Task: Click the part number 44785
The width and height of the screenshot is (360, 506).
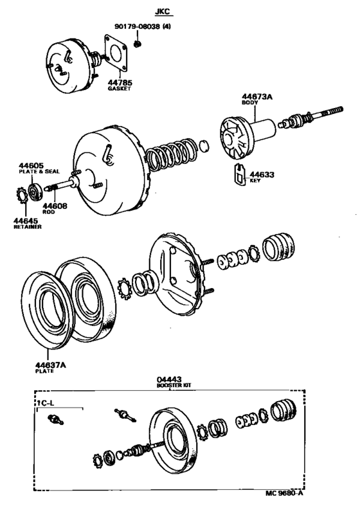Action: (x=120, y=83)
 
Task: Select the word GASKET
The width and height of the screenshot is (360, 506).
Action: (x=120, y=89)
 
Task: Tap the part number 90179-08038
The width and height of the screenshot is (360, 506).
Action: (x=138, y=26)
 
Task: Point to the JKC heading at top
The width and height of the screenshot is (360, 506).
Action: (x=163, y=12)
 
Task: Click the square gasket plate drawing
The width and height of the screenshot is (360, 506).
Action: (x=116, y=53)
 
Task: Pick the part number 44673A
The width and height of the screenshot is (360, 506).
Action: (x=257, y=96)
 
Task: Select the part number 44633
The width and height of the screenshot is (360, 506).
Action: (x=262, y=175)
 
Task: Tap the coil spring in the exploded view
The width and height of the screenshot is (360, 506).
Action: (x=170, y=153)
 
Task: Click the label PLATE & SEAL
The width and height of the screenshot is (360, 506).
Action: (x=39, y=172)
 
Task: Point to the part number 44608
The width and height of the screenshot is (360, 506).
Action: (x=55, y=206)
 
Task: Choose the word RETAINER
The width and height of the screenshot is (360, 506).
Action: (x=28, y=227)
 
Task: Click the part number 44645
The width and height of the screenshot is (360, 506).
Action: (x=26, y=221)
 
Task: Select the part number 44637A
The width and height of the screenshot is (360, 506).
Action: (x=50, y=365)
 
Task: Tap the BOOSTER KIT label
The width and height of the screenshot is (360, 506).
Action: (x=174, y=385)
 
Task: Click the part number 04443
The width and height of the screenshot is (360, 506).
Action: (x=169, y=379)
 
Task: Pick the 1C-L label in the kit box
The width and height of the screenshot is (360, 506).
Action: (x=45, y=403)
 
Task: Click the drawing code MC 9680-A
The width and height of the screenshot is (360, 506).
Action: (x=285, y=493)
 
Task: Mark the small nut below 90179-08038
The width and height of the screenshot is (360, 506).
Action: (x=138, y=44)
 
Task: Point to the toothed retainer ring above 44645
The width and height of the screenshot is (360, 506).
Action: (x=22, y=195)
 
